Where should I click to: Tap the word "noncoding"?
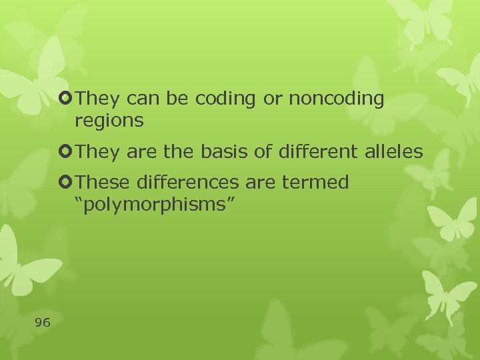pos(337,99)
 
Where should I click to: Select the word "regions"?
pos(109,121)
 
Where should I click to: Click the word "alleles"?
pos(393,152)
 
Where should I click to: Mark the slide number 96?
pos(43,323)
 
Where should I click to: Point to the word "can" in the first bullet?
pos(141,99)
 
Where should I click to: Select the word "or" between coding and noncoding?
pos(273,99)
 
